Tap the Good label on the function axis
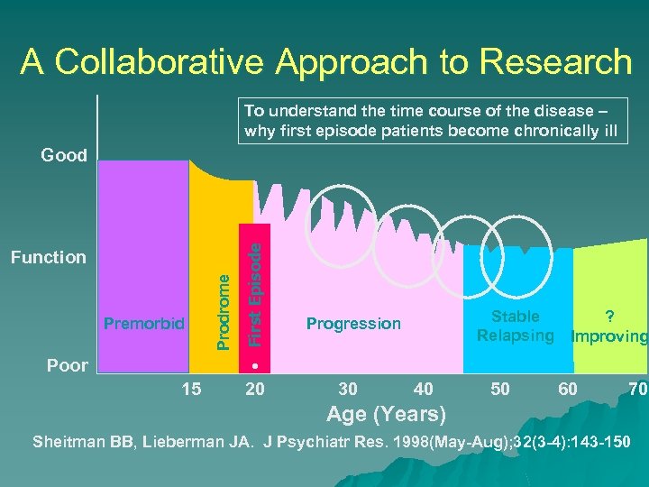point(64,155)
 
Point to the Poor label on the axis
point(68,365)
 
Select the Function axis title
point(48,258)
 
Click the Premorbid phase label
point(144,323)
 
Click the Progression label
point(353,324)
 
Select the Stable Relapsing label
point(516,326)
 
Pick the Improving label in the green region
point(610,336)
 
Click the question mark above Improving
point(610,317)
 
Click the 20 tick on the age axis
point(255,389)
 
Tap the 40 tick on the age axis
point(422,389)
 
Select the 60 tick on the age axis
point(568,389)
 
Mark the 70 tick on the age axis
point(636,389)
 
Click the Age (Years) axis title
point(386,414)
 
